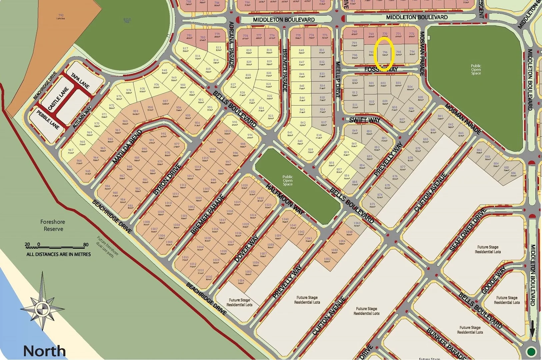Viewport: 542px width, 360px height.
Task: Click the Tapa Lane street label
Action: (80, 81)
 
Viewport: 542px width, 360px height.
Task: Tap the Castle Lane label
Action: (58, 99)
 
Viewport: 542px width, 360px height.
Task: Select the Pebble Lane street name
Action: (48, 120)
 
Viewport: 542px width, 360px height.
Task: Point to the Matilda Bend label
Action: (125, 148)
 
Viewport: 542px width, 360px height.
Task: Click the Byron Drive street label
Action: (167, 179)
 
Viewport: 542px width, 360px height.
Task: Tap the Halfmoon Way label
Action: (285, 199)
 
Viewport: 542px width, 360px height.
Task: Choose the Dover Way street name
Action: (246, 248)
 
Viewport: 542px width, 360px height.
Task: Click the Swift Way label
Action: (365, 120)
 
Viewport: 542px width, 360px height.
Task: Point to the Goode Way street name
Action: (494, 280)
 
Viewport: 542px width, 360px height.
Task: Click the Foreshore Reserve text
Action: (53, 225)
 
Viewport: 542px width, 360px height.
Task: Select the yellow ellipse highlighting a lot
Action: (384, 54)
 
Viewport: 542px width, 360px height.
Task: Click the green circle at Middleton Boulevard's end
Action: (531, 351)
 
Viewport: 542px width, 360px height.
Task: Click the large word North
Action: (44, 351)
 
